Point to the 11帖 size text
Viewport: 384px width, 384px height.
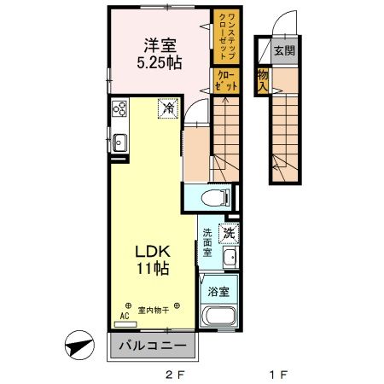click(x=153, y=270)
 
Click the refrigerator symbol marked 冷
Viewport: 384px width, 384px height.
click(x=168, y=108)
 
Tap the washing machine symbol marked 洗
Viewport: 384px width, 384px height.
click(x=229, y=232)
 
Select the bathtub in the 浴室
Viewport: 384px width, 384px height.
click(x=219, y=320)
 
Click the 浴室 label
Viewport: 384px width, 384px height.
click(x=219, y=291)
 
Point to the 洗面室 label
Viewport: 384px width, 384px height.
click(x=207, y=243)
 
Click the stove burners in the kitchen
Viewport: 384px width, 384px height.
click(x=119, y=109)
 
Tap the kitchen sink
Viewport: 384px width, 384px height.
click(x=119, y=143)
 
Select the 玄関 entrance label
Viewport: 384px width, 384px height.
click(x=283, y=50)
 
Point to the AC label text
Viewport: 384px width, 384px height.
click(x=124, y=315)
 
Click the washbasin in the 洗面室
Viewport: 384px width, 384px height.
click(x=229, y=259)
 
